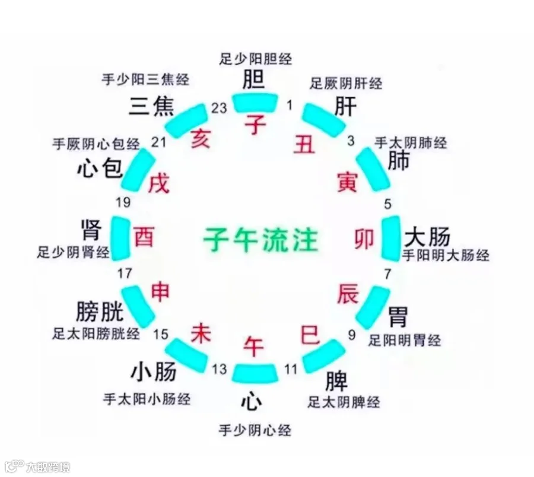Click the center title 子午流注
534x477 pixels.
pos(260,240)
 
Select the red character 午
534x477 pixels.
pos(255,345)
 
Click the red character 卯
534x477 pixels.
pos(364,239)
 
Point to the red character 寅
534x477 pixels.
pos(347,182)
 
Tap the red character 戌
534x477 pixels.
pos(160,183)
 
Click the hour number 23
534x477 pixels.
pos(219,107)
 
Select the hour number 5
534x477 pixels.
pos(388,205)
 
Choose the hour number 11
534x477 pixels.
pos(290,369)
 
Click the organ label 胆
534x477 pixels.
pos(255,79)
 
